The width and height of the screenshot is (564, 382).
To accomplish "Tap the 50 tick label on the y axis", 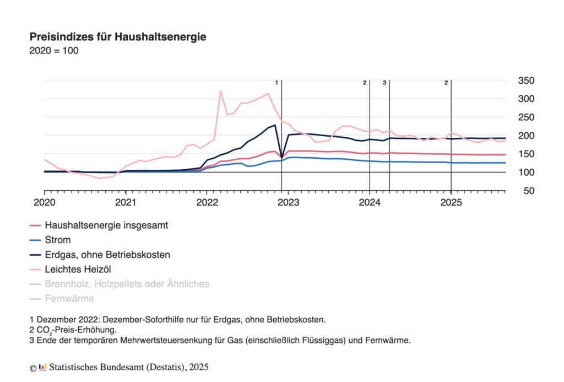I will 529,191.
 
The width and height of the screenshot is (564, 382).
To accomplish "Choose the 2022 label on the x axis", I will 207,202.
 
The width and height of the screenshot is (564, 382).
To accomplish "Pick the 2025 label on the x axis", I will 451,202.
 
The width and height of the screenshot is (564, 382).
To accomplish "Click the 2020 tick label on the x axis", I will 44,202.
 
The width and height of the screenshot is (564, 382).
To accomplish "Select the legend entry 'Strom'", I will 58,240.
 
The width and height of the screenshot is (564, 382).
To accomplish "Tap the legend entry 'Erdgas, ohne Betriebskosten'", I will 107,255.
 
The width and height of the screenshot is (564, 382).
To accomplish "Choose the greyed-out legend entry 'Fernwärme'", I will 69,299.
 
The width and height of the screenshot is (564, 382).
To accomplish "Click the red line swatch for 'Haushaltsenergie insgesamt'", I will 35,225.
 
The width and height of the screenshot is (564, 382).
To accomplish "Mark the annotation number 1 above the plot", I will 276,83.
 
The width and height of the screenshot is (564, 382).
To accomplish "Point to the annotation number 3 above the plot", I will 384,83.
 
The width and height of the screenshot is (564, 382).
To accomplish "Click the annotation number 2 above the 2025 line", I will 446,83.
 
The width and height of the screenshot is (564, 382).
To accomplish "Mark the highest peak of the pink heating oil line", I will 220,91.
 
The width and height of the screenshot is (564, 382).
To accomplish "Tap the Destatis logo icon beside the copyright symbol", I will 43,367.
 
